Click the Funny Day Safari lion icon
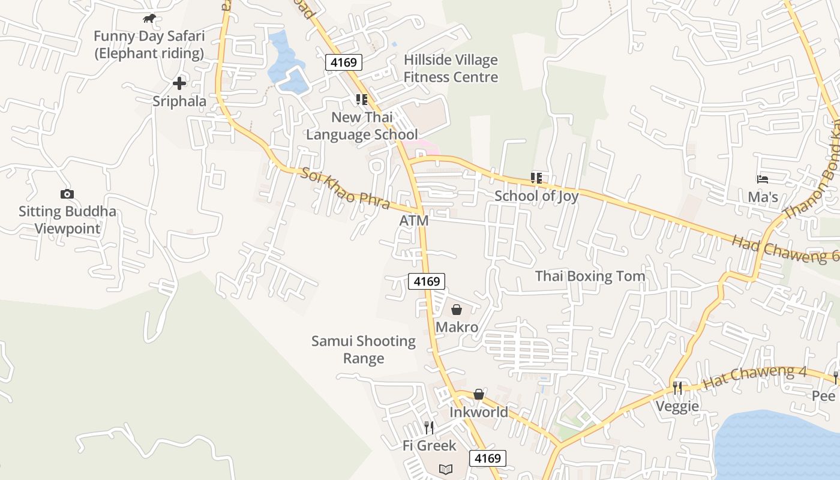149,19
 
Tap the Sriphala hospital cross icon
179,83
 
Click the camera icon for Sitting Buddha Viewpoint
67,194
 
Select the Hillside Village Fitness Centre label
451,68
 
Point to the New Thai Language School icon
361,100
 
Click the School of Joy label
536,196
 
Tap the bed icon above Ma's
763,179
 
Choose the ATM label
414,221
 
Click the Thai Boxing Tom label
590,276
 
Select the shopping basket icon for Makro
457,310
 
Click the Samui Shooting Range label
364,350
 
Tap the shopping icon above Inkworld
479,394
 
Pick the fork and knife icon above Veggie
677,388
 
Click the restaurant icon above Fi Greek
429,427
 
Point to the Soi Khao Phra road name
346,188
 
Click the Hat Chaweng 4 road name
754,376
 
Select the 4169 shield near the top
344,62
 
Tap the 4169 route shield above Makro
427,281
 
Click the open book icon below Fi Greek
445,469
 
